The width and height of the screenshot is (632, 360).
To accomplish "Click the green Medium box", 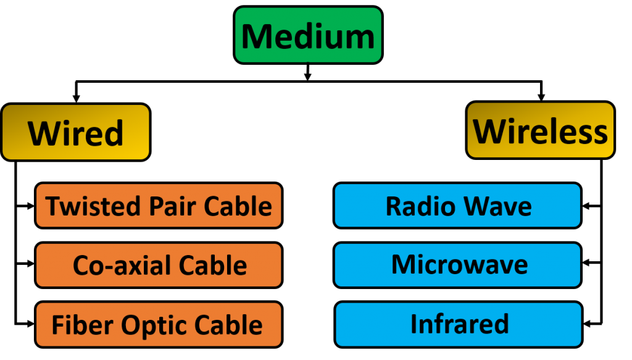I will tap(308, 35).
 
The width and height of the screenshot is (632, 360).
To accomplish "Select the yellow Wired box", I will tap(75, 132).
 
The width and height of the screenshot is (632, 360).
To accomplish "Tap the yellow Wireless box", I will tap(540, 130).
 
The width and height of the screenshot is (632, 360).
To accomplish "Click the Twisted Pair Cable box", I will tap(159, 206).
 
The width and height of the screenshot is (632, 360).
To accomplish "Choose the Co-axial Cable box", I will tap(159, 265).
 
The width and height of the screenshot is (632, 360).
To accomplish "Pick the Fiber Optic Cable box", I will tap(159, 324).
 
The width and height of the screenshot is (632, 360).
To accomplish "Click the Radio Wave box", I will tap(457, 206).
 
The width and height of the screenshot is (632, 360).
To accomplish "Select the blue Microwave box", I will tap(457, 265).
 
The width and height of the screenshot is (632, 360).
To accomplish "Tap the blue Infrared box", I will tap(459, 324).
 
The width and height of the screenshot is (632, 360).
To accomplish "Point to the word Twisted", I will tap(86, 206).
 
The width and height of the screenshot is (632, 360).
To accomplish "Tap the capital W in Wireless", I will tap(491, 131).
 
